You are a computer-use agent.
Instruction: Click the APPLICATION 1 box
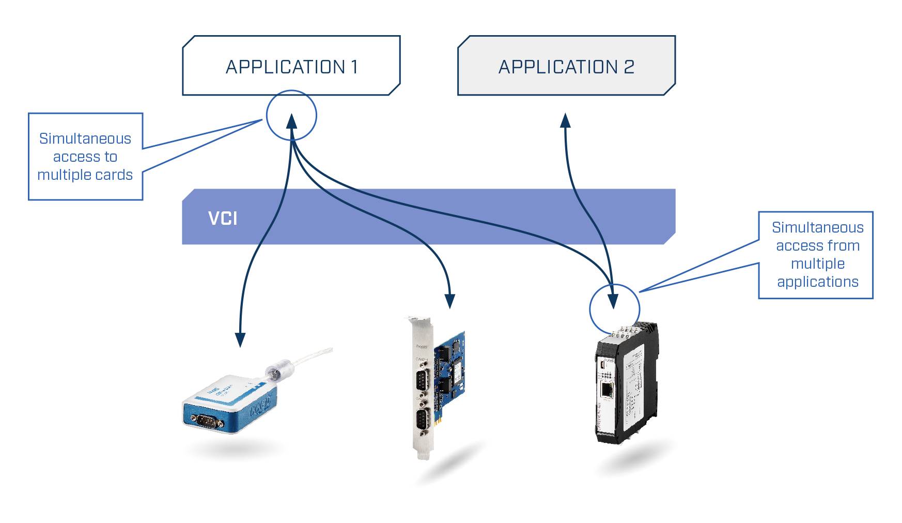(291, 66)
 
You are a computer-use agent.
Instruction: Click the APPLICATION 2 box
(566, 66)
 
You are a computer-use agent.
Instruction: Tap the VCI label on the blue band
(223, 218)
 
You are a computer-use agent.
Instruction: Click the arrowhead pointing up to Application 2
(566, 120)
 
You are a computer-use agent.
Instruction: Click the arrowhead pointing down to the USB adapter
(240, 339)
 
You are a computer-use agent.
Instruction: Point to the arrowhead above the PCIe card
(450, 301)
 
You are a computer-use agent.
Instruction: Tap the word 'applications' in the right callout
(817, 282)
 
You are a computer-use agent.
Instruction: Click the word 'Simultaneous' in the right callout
(817, 227)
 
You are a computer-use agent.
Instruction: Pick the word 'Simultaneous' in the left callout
(85, 139)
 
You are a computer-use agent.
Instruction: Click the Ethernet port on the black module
(607, 390)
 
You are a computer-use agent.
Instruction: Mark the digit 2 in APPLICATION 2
(629, 67)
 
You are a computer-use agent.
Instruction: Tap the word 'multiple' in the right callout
(817, 264)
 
